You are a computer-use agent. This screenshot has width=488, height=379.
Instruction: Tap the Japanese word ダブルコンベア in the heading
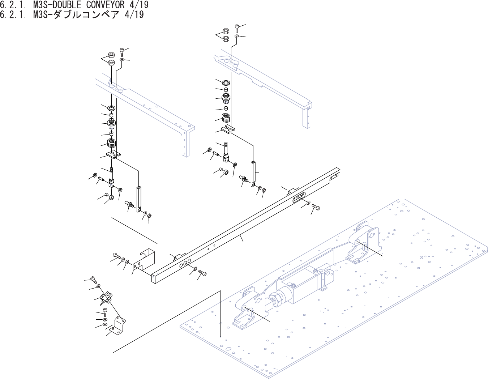85,14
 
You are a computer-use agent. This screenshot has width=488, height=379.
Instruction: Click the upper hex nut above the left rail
112,55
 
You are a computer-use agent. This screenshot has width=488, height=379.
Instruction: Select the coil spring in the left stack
111,144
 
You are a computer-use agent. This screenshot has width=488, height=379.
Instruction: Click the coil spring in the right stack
227,118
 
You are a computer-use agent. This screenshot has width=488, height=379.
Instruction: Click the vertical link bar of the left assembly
139,199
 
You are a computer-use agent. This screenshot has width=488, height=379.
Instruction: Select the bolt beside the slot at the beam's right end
316,207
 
